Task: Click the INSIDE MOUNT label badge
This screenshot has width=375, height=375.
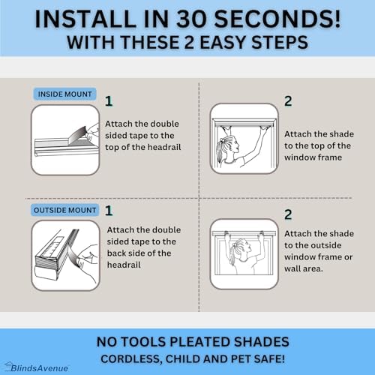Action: (64, 94)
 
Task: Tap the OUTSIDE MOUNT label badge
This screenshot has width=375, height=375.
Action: (64, 210)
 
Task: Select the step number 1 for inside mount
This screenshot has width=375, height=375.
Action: (109, 101)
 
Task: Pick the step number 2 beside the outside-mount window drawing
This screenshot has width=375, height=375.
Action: (288, 214)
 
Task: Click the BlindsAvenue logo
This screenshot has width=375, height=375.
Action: (37, 367)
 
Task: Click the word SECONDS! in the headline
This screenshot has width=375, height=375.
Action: (277, 19)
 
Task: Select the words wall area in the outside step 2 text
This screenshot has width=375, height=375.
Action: (304, 268)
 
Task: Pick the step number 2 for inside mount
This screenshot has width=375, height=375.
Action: (288, 101)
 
